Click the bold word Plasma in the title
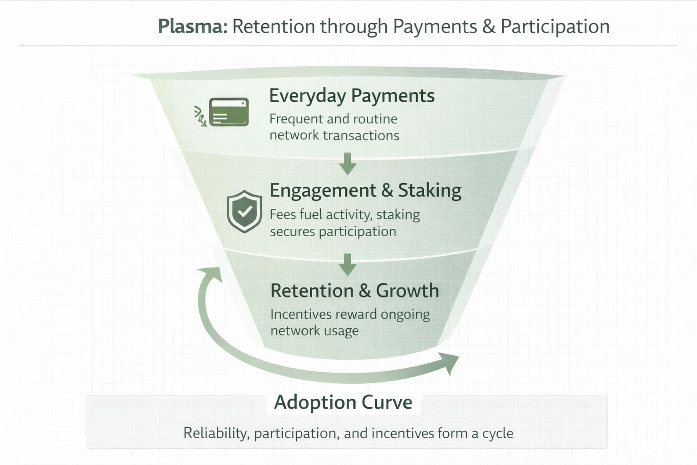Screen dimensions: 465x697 (192, 27)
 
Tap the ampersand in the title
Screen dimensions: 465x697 (489, 27)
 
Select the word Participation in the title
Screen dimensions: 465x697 (555, 27)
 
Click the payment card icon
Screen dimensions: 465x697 (229, 112)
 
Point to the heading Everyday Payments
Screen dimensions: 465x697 (352, 96)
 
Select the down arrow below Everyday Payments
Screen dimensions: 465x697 (348, 164)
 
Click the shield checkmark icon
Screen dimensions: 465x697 (245, 211)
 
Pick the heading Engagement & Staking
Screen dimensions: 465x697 (365, 190)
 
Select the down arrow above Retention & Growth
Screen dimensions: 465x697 (348, 265)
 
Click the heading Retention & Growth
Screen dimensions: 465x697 (354, 291)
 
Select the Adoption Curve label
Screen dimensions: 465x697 (343, 402)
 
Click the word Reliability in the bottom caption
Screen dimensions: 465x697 (216, 433)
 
